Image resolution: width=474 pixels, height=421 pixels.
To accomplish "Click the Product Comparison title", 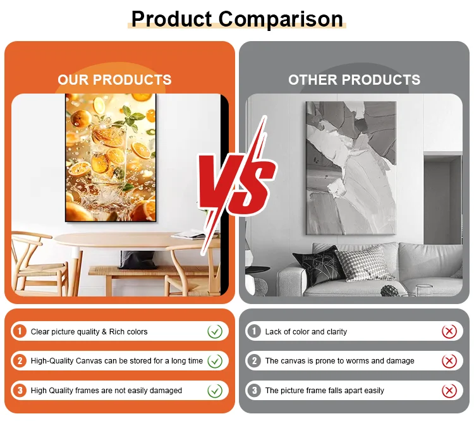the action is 237,19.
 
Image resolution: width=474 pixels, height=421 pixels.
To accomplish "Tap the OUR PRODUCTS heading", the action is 114,80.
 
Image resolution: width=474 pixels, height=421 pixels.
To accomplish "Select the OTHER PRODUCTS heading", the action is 354,80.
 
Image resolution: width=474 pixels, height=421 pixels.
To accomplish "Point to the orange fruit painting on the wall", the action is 111,157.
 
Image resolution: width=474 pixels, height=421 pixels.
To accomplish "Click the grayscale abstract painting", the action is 351,168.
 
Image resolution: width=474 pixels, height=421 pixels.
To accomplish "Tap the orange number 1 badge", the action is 20,331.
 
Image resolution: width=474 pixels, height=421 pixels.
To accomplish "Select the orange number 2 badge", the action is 20,361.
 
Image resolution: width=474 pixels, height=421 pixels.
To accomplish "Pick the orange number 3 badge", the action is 20,391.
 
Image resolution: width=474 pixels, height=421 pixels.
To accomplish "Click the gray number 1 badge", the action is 254,331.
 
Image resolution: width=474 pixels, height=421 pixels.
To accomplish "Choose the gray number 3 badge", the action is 254,391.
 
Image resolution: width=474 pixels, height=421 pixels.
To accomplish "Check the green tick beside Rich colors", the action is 215,331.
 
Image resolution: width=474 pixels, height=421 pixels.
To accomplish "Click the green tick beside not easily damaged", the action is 215,391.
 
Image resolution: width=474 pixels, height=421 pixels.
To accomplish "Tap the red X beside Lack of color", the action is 449,331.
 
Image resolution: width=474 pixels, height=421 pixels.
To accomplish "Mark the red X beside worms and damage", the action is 449,361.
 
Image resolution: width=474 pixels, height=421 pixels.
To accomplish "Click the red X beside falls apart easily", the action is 449,391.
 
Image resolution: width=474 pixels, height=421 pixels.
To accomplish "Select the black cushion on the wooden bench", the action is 138,260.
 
